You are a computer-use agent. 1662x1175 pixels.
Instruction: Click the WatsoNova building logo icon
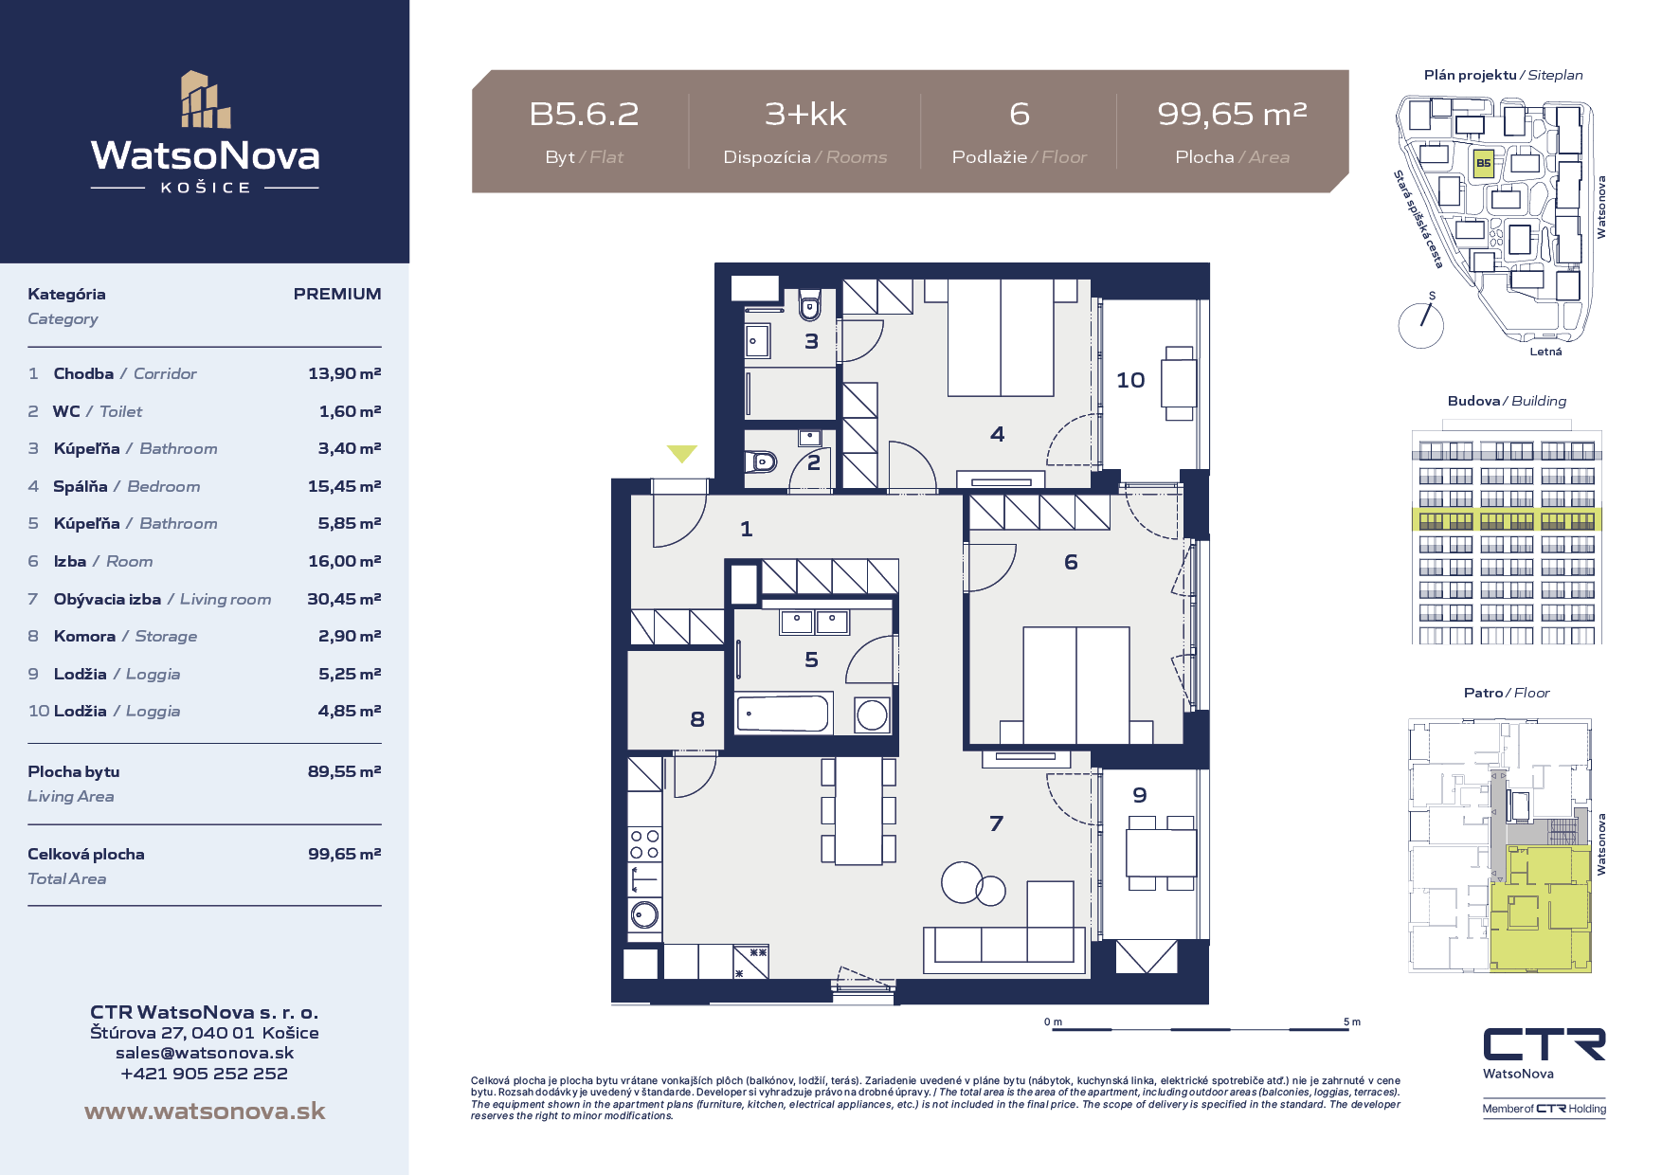(x=206, y=99)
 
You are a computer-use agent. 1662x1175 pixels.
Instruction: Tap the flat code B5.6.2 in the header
(x=584, y=115)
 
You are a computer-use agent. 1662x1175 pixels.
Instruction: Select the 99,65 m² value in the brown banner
(x=1232, y=115)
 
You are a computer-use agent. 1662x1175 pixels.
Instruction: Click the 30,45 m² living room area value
(x=344, y=599)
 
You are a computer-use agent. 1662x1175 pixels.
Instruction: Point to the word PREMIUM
(x=337, y=294)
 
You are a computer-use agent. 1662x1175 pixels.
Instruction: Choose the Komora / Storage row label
(x=125, y=636)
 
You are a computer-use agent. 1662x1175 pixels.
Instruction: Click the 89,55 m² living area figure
(x=344, y=771)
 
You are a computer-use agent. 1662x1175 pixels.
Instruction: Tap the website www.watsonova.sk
(x=205, y=1111)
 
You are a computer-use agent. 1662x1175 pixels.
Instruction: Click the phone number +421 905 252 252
(x=205, y=1074)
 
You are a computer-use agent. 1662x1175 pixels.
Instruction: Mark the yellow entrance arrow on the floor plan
(x=681, y=454)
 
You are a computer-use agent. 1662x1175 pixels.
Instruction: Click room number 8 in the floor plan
(x=697, y=719)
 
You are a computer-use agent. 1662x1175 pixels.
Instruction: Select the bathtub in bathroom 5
(x=784, y=712)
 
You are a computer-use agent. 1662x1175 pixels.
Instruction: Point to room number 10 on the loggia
(x=1130, y=380)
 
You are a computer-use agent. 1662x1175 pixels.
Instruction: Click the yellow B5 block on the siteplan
(x=1483, y=163)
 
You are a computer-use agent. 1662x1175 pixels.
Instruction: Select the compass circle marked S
(x=1420, y=324)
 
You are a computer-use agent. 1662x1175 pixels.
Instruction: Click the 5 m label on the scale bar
(x=1352, y=1021)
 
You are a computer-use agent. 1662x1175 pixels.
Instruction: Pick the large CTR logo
(x=1545, y=1044)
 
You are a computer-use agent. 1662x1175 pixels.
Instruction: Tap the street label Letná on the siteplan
(x=1545, y=352)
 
